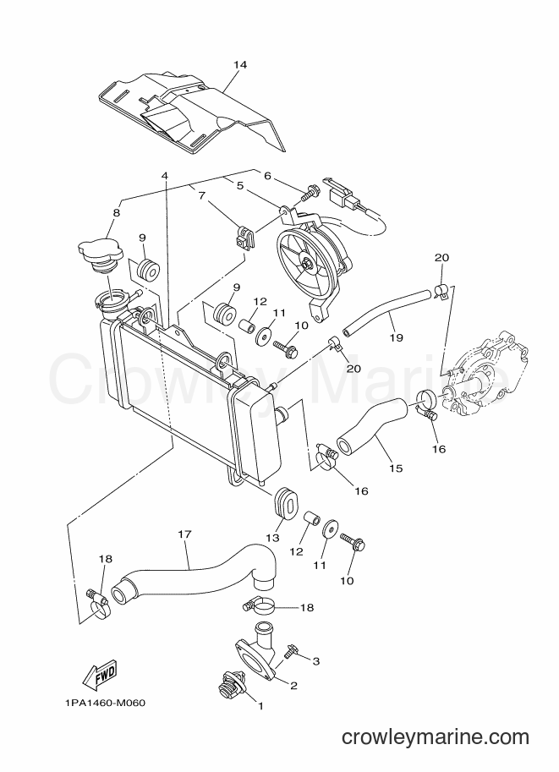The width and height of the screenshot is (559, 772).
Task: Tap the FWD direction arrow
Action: [99, 674]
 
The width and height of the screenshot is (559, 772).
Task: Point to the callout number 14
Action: [240, 64]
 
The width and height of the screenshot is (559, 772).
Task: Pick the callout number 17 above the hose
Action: [184, 534]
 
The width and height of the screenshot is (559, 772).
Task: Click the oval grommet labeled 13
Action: [284, 502]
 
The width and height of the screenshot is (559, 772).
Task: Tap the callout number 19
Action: [396, 337]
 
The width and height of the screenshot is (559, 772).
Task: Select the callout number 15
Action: [396, 468]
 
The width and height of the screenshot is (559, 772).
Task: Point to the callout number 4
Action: [165, 176]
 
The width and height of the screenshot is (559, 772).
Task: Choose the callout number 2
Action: [293, 685]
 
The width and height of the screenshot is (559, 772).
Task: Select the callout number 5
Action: [240, 186]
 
